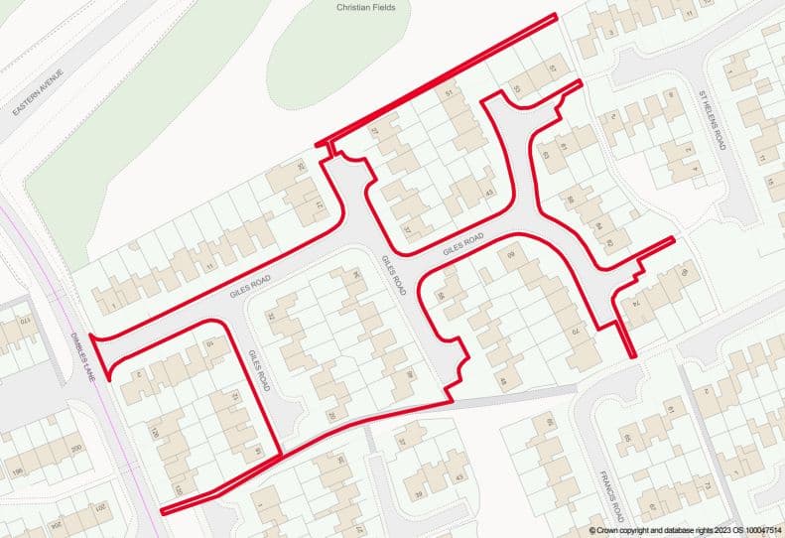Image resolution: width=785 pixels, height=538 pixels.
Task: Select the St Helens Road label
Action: [712, 119]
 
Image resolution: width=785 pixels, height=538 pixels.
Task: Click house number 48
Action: [502, 381]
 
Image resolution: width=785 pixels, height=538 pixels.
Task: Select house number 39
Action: [419, 493]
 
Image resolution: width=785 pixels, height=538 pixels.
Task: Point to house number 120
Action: [154, 434]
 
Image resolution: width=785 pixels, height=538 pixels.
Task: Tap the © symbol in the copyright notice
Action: [591, 531]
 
